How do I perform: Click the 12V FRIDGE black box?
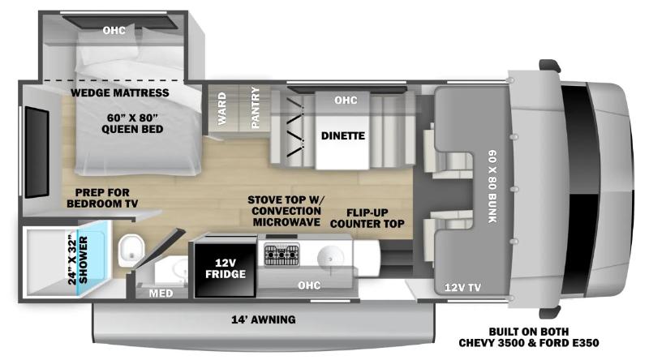226,269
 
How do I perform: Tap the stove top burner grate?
282,255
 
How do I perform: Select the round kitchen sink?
330,259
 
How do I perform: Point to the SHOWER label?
84,259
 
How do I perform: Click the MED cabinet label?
161,294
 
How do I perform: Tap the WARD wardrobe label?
221,109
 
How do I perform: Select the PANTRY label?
256,107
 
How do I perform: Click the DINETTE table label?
342,135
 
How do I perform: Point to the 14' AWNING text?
263,319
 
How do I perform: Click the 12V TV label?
462,287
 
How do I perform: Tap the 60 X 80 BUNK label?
492,186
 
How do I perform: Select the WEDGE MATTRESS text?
119,92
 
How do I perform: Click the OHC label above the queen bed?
114,30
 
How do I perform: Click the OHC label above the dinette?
346,101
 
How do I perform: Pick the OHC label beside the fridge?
309,285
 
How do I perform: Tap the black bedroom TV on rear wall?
37,152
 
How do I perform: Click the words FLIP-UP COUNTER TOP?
367,218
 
